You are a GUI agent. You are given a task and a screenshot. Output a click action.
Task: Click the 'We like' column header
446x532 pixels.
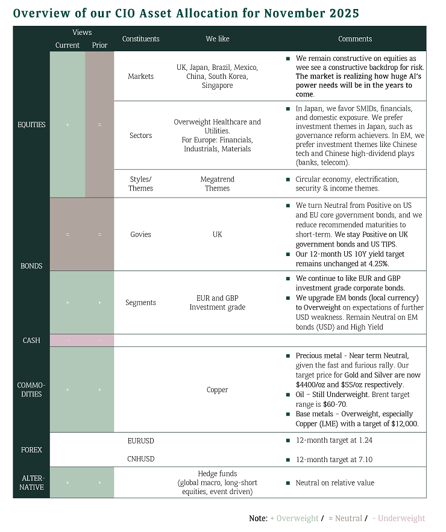[217, 39]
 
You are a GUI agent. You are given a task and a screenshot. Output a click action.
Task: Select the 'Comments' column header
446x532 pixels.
[355, 39]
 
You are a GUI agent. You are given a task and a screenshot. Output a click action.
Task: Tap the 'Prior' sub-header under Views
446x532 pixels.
[99, 45]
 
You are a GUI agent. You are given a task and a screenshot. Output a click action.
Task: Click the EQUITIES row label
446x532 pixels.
[31, 125]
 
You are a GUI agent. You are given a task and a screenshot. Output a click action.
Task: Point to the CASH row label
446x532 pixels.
[31, 340]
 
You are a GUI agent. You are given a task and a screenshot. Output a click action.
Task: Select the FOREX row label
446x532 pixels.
[31, 449]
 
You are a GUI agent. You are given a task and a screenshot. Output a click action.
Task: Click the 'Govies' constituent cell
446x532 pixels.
[140, 234]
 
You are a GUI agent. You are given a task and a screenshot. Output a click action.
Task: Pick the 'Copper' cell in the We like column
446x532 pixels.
[217, 390]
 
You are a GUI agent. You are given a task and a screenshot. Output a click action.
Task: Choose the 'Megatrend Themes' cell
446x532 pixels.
[217, 184]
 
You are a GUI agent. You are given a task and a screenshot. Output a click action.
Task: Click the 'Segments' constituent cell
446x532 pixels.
[140, 302]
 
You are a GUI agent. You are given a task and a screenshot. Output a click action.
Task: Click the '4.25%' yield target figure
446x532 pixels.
[375, 263]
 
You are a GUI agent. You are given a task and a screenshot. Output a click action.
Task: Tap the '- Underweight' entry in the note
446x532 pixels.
[398, 518]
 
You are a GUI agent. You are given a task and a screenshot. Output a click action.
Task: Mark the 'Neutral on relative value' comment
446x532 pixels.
[334, 483]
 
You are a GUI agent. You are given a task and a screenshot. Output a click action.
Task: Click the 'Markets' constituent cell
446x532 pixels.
[140, 77]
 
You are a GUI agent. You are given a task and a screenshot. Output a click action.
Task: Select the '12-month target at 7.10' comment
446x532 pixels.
[334, 459]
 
